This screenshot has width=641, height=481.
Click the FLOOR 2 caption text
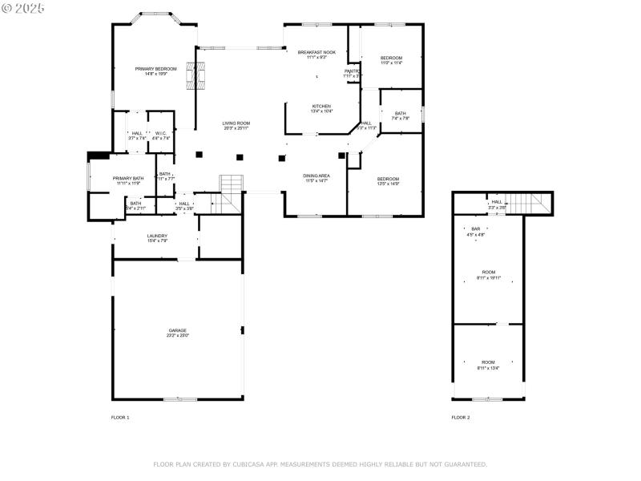tap(461, 418)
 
